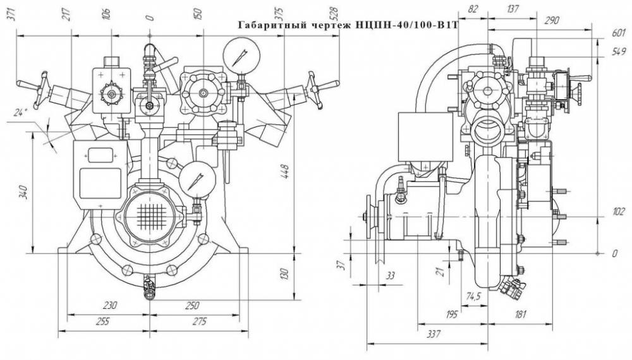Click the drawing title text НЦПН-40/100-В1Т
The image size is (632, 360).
click(x=407, y=25)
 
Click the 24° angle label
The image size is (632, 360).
click(x=18, y=113)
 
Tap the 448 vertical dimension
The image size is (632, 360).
click(x=285, y=171)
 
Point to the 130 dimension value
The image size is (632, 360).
click(x=284, y=274)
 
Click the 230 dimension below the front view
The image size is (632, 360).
click(x=109, y=305)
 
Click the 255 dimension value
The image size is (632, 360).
click(x=103, y=321)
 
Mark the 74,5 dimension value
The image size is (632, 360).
click(x=473, y=297)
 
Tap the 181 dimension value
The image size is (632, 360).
click(x=520, y=314)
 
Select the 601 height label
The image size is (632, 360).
click(x=619, y=33)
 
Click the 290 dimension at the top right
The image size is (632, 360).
click(x=551, y=20)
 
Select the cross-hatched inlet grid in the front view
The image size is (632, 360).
click(x=150, y=213)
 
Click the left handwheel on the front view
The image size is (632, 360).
click(x=40, y=90)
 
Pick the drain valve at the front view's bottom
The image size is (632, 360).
click(x=149, y=287)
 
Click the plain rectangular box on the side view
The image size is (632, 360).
click(x=425, y=136)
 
